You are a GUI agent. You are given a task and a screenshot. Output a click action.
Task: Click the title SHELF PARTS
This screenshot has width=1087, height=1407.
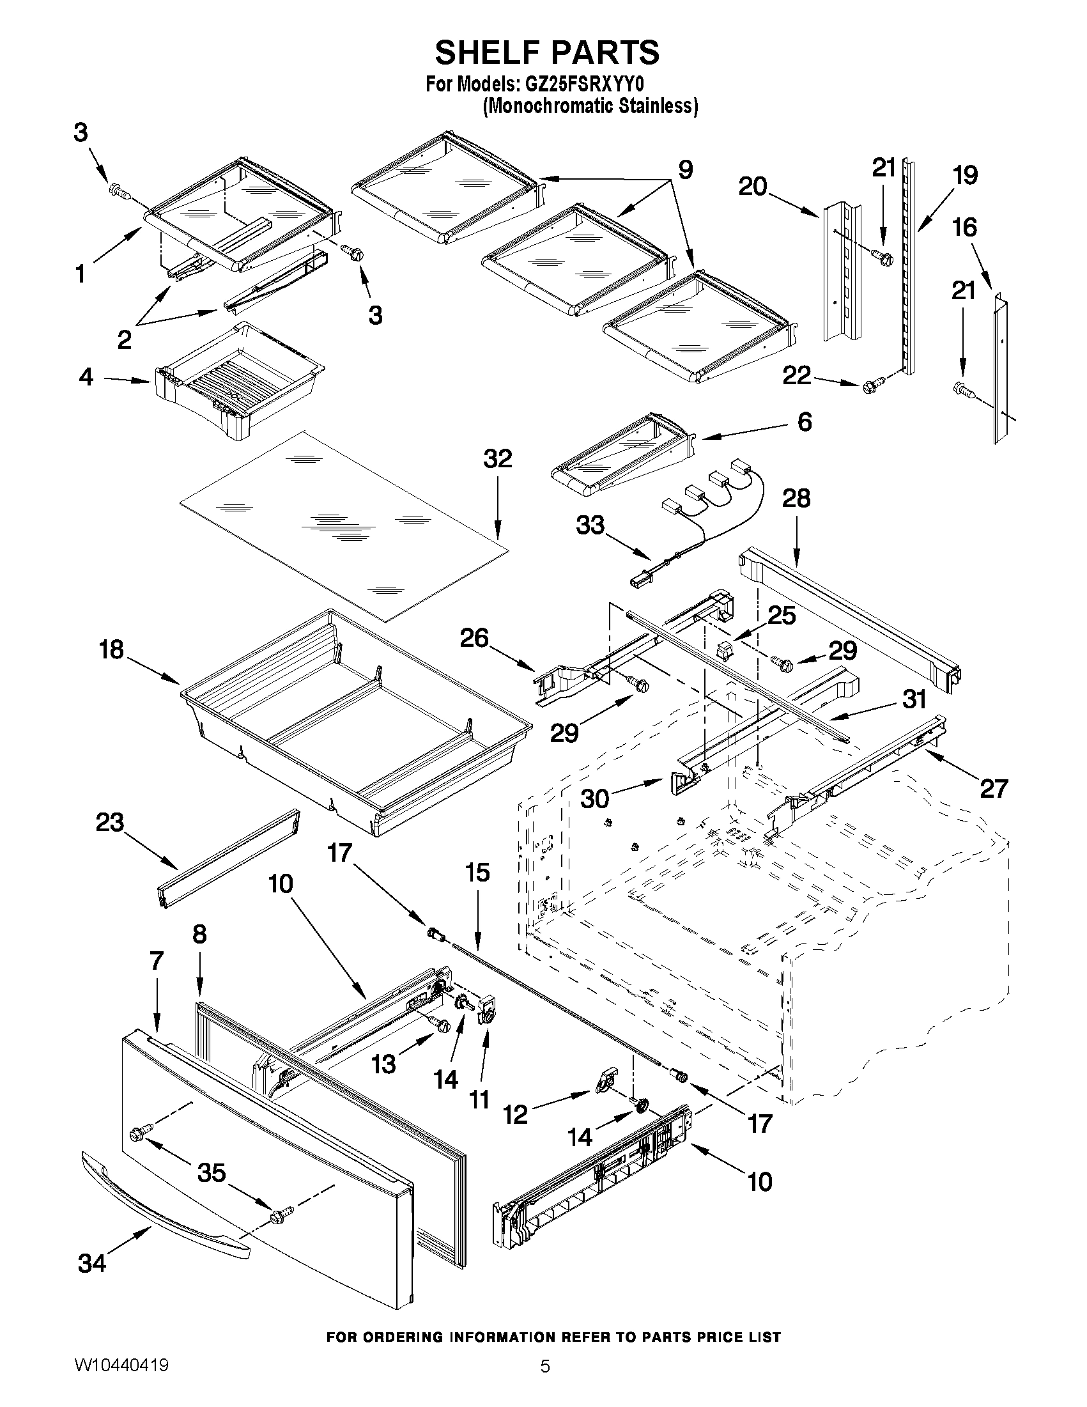(x=547, y=52)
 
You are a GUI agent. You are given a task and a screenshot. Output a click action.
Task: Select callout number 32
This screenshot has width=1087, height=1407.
(x=497, y=459)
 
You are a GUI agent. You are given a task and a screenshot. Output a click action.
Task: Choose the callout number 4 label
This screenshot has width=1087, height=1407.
(x=86, y=377)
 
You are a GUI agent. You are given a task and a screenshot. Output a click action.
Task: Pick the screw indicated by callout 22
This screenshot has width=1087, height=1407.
(x=869, y=386)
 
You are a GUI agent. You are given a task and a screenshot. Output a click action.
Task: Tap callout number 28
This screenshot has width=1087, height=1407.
(x=796, y=498)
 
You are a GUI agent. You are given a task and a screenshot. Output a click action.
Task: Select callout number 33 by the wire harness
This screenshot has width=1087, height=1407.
(x=590, y=525)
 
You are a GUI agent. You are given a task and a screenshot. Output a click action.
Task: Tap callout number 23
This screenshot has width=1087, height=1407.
(x=109, y=823)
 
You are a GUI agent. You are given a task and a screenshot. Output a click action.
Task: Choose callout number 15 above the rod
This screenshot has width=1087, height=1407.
(x=477, y=873)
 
